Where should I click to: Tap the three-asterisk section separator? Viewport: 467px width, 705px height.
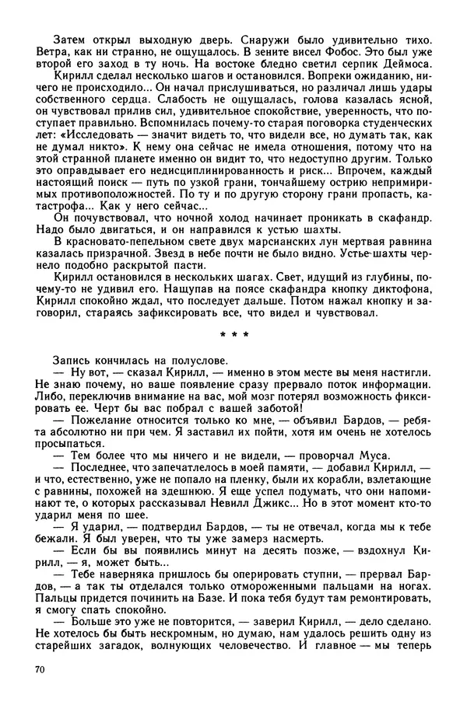click(233, 335)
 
